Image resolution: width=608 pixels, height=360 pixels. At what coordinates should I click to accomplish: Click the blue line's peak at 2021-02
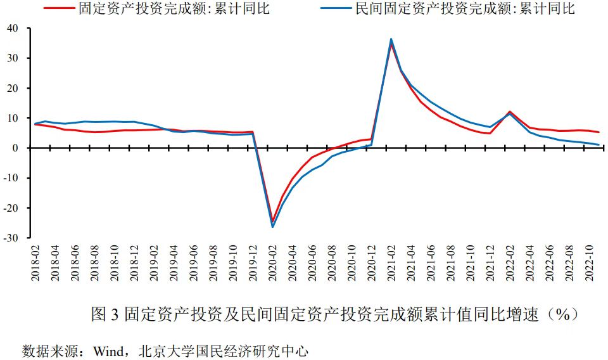pos(391,39)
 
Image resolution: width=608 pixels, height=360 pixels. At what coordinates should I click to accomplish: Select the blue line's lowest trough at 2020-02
pos(273,227)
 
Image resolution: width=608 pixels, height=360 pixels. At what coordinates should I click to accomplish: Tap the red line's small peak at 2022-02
pos(510,112)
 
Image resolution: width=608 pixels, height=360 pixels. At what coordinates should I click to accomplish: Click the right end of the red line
pos(598,132)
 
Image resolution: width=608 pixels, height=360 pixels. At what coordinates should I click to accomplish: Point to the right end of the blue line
pos(598,145)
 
